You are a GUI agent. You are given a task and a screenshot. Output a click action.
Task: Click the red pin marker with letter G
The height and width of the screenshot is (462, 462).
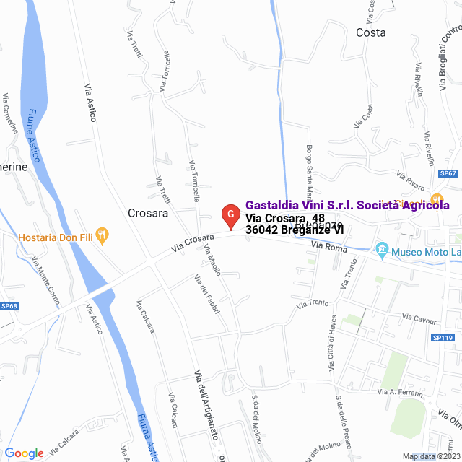[x=230, y=215]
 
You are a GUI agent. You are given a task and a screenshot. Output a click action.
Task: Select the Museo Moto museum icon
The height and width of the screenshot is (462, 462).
[x=383, y=251]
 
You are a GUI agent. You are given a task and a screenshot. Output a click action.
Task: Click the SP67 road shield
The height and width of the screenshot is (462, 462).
[x=448, y=174]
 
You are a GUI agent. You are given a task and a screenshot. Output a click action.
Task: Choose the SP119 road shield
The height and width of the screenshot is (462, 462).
[x=442, y=338]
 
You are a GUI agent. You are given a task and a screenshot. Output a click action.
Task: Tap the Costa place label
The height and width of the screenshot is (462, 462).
[x=370, y=33]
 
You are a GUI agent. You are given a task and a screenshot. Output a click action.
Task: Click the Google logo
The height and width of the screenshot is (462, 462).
[x=25, y=453]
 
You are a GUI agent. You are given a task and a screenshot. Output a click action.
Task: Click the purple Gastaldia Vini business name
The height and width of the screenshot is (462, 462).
[x=347, y=205]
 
